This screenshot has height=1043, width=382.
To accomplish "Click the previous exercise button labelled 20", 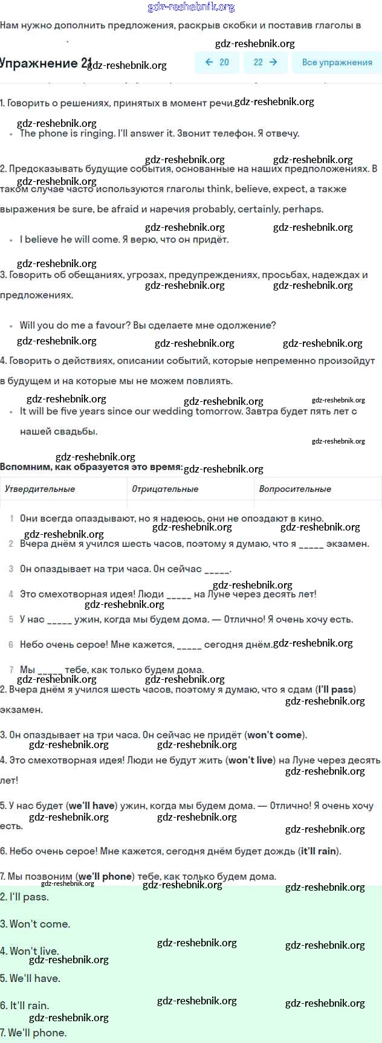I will [x=217, y=62].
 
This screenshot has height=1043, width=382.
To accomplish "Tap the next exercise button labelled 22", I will [x=265, y=62].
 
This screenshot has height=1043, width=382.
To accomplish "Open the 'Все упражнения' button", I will [x=337, y=62].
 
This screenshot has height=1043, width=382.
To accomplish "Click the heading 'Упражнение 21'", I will [x=46, y=63].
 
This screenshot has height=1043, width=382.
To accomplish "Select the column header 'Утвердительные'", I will [x=40, y=489].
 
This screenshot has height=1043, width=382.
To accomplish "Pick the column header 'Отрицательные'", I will [x=165, y=489].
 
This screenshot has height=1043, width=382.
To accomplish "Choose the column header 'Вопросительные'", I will [x=295, y=489].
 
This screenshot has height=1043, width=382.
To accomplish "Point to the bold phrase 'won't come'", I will [x=274, y=735].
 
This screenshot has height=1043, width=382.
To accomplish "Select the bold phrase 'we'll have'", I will [x=92, y=806].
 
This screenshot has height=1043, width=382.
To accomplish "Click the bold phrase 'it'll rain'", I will [x=319, y=851].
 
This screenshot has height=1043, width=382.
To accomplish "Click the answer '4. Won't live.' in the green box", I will [x=30, y=951].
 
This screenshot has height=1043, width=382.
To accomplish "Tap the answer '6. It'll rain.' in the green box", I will [x=25, y=1006].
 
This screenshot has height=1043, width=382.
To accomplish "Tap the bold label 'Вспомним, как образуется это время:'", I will [x=91, y=467].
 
